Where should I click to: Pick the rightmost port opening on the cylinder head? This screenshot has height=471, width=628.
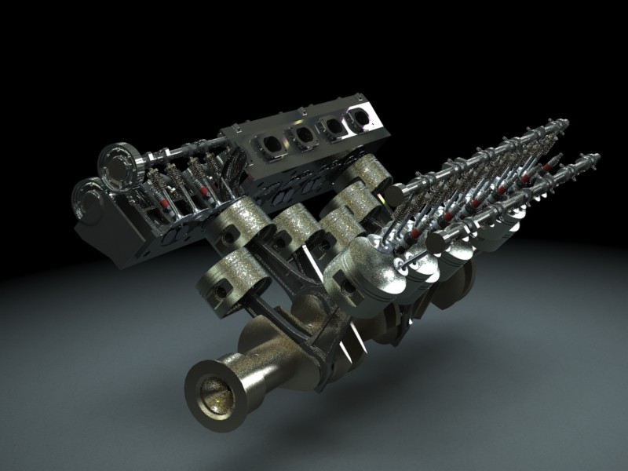[x=360, y=118]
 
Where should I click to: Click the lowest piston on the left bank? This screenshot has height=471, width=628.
[x=228, y=279]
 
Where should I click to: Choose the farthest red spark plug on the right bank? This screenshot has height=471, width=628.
[x=542, y=167]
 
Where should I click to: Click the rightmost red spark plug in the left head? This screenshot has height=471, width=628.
[x=206, y=192]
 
